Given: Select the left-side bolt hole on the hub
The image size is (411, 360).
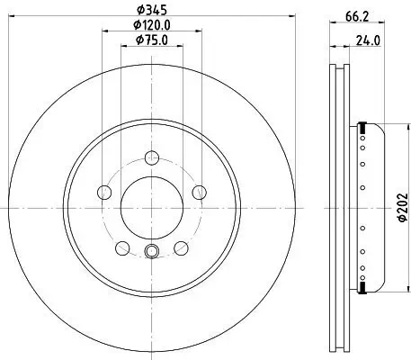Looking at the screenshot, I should pyautogui.click(x=104, y=191).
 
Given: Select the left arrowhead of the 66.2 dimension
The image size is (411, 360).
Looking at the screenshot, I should pyautogui.click(x=332, y=31).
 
